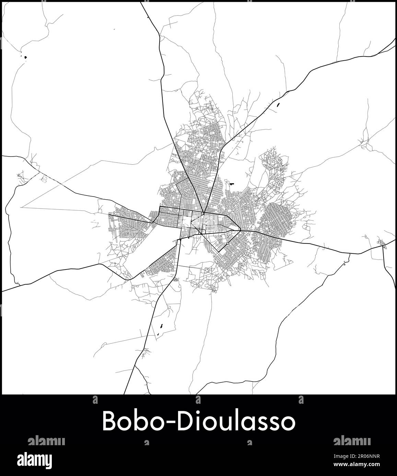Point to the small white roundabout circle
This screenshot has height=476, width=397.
[228, 243]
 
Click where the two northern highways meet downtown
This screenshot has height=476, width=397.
[204, 213]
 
